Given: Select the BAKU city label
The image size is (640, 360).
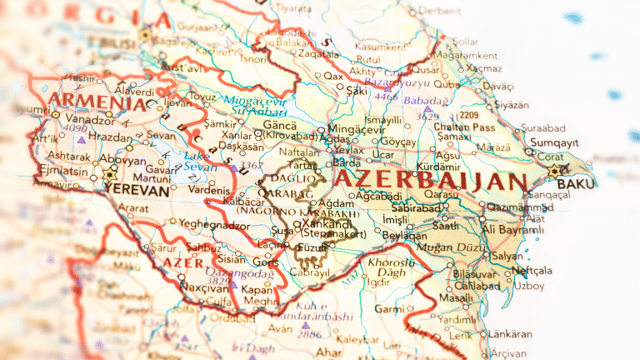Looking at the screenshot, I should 576,183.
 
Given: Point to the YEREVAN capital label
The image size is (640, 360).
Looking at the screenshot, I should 137,188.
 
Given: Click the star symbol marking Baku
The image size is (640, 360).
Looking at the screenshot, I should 556,171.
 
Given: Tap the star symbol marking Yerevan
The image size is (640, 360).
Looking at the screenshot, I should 108,175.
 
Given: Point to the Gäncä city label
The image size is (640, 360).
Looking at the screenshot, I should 280,123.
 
